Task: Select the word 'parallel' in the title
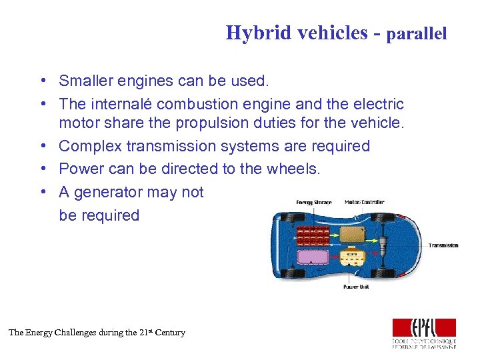tap(417, 33)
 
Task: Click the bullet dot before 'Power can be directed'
tap(42, 169)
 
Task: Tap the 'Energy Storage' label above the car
tap(313, 202)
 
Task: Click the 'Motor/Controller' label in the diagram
tap(365, 202)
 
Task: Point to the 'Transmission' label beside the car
tap(443, 245)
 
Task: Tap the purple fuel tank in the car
tap(311, 256)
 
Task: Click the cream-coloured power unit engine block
tap(351, 256)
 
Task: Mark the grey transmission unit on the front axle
tap(386, 244)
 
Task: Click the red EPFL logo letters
tap(424, 327)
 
